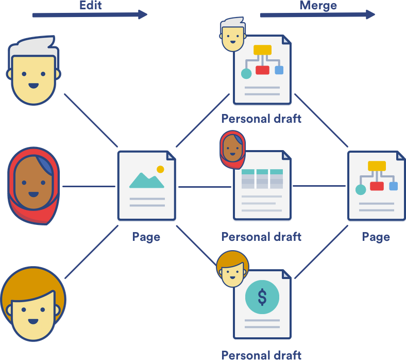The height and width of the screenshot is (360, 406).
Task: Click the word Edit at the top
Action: [90, 5]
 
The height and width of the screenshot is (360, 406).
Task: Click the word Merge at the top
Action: [318, 6]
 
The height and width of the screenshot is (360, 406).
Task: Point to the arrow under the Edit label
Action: [90, 15]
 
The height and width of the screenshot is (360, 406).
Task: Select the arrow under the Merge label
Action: [317, 14]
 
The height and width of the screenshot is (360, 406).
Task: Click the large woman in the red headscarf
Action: [33, 186]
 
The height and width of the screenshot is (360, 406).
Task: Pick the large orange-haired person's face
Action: [33, 304]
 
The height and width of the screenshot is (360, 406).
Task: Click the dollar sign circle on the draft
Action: [262, 297]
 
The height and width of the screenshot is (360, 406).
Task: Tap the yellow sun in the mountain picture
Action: [160, 169]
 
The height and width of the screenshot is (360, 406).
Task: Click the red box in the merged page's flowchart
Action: [377, 186]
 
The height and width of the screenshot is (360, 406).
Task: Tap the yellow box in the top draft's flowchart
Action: [262, 50]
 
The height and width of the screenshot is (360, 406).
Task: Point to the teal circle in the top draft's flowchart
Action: [246, 74]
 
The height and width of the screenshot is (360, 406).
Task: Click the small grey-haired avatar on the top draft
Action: [232, 35]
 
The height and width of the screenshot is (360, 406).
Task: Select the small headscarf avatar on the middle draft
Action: [232, 150]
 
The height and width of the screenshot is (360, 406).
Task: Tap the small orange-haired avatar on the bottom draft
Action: [232, 269]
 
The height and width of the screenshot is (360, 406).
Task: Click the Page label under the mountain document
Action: [146, 237]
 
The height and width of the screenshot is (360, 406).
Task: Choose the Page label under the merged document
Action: [376, 237]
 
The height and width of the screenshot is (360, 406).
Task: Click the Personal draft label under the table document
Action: [261, 237]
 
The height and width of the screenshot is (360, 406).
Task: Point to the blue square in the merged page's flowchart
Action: [393, 186]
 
